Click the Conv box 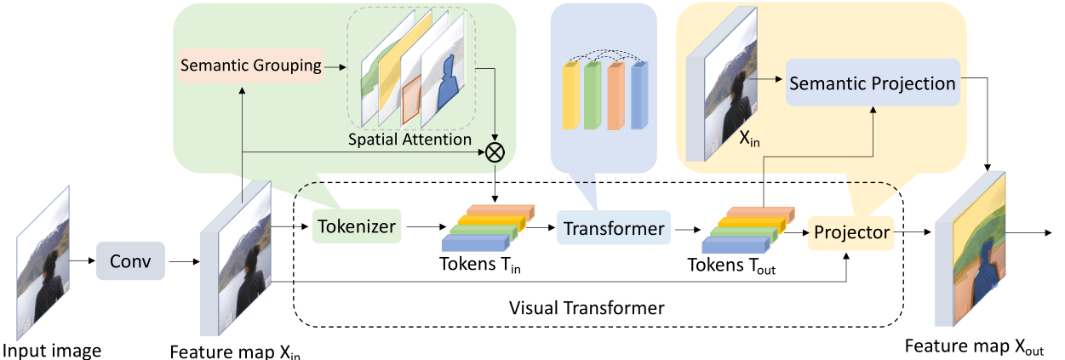click(131, 261)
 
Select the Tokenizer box click(356, 227)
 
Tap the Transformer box click(613, 228)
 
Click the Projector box click(850, 232)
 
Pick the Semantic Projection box click(872, 83)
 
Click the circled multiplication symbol click(495, 153)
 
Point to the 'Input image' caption click(52, 350)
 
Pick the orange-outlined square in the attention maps click(412, 99)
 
